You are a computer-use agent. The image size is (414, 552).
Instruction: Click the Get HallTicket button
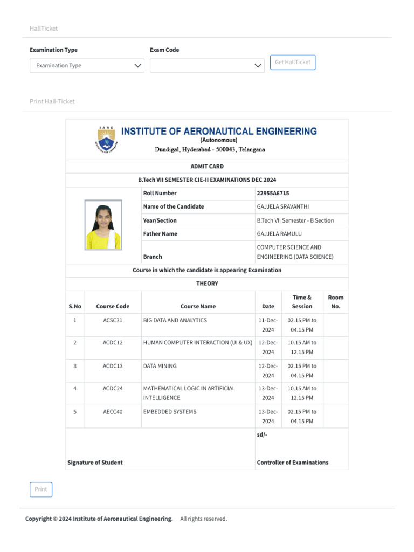point(293,63)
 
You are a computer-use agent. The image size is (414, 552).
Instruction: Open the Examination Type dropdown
point(87,66)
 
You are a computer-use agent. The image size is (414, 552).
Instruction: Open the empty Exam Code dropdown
point(207,66)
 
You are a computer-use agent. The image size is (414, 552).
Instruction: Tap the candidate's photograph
point(103,225)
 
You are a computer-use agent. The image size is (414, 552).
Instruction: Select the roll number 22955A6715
point(273,193)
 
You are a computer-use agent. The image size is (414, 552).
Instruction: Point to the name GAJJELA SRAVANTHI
point(283,206)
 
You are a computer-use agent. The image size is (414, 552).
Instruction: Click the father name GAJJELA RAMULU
point(279,234)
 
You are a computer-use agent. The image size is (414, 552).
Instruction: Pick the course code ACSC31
point(113,320)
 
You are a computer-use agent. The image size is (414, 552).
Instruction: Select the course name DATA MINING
point(160,366)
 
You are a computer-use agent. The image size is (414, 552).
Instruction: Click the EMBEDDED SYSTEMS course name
point(170,412)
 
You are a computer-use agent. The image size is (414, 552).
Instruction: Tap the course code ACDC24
point(113,388)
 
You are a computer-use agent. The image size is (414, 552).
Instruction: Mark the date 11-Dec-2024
point(268,325)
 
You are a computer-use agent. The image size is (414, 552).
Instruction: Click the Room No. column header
point(335,302)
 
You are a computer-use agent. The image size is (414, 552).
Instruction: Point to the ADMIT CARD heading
point(207,167)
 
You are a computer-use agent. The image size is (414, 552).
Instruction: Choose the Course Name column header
point(198,306)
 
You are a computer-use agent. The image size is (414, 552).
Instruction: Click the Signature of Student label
point(95,463)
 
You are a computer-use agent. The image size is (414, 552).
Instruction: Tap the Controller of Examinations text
point(292,463)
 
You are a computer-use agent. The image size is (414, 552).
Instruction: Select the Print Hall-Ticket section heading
point(52,101)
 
